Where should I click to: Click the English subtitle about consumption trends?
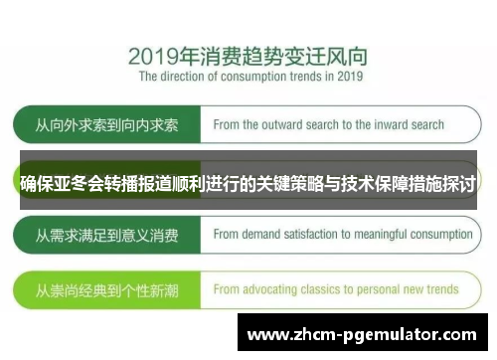click(250, 76)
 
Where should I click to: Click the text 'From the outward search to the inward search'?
click(328, 126)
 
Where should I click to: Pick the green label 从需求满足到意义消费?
click(106, 236)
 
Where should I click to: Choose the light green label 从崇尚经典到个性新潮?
click(106, 290)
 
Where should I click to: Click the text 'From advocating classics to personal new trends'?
click(336, 290)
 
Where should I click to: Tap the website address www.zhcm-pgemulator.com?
click(364, 335)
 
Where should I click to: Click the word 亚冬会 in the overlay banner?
click(81, 183)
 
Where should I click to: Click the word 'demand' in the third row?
click(262, 236)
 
